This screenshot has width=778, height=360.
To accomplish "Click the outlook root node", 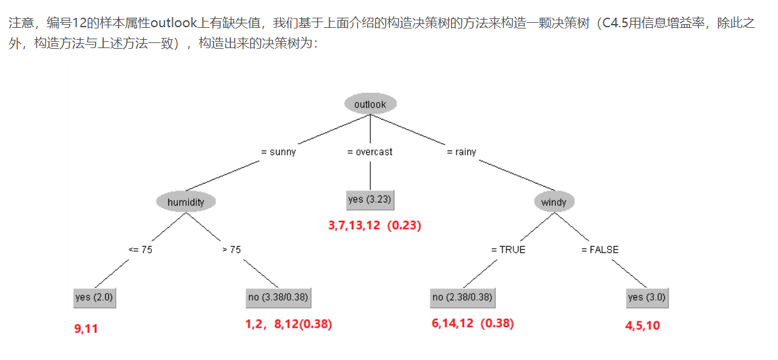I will (x=370, y=104).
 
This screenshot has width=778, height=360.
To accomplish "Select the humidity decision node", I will (x=185, y=202).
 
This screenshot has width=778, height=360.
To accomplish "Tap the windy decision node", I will (x=555, y=202).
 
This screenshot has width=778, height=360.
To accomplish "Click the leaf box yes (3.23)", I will (x=370, y=199).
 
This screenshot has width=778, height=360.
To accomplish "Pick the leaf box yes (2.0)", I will (x=94, y=297).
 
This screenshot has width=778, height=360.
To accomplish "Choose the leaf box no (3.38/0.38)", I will (x=278, y=297).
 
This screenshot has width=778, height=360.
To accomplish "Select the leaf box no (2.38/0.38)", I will (x=463, y=297).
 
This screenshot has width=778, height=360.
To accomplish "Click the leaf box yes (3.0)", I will (x=647, y=297).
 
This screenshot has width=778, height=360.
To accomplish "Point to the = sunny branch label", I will (x=279, y=152).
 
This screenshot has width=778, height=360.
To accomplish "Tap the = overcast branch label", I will (x=370, y=152).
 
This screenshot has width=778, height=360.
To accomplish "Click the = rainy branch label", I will (x=461, y=152).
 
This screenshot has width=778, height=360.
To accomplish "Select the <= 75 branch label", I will (x=140, y=249).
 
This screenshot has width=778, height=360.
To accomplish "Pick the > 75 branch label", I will (x=232, y=249).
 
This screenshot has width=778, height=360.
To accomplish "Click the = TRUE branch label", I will (x=508, y=249).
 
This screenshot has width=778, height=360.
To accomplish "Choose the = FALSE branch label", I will (x=600, y=249).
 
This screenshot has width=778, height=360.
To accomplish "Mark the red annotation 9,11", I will (x=86, y=328).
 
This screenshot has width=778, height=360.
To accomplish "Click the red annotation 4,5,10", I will (x=642, y=326).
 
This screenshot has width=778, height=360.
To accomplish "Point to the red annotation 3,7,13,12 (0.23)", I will (x=375, y=225).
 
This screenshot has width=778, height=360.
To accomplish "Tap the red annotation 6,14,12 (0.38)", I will (x=472, y=323).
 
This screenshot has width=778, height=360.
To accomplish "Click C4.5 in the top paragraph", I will (x=616, y=25).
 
